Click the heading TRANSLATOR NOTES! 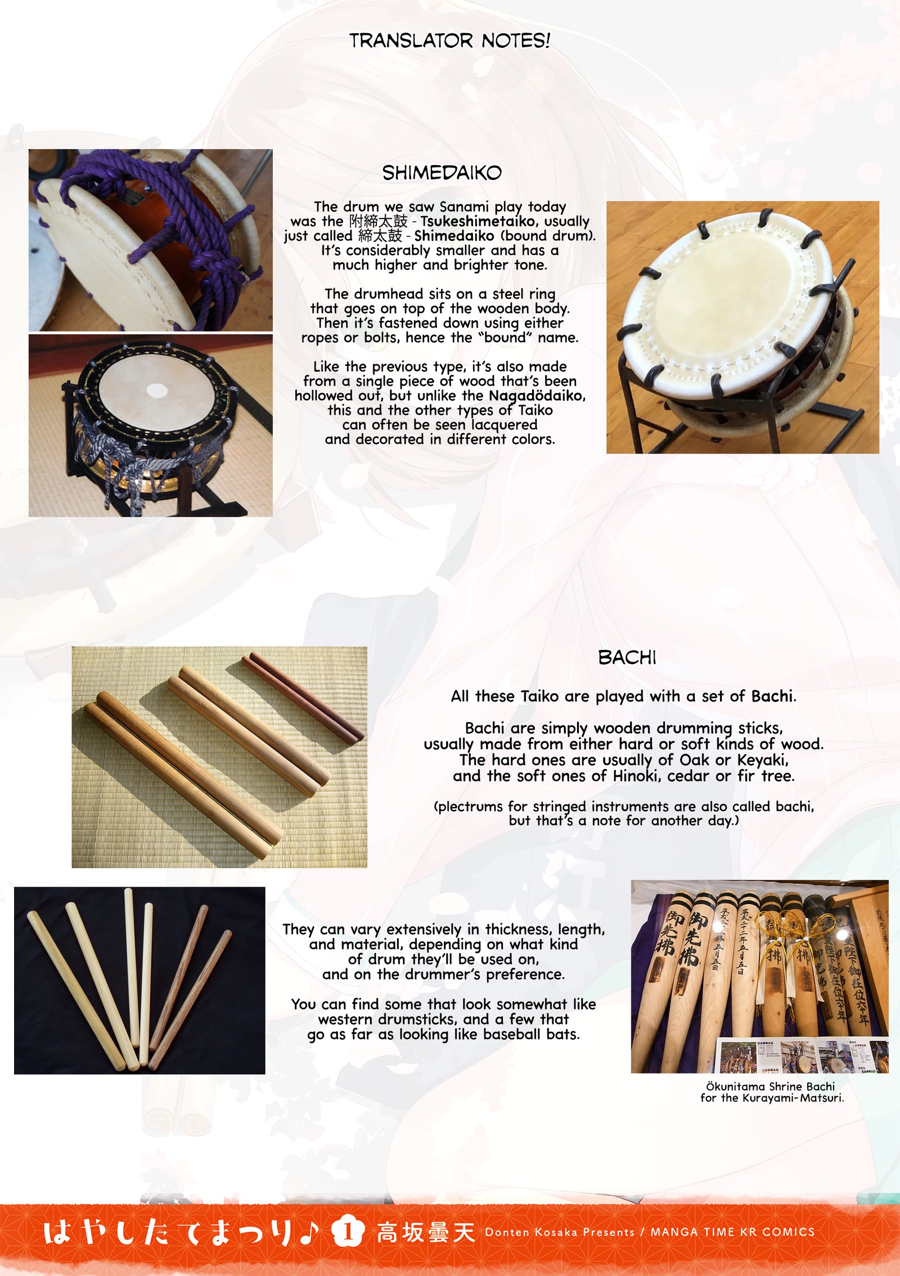click(x=449, y=41)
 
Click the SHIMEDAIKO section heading click(x=442, y=173)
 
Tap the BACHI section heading click(x=627, y=657)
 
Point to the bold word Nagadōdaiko click(x=536, y=396)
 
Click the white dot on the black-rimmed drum click(x=155, y=390)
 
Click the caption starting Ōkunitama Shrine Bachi click(x=772, y=1092)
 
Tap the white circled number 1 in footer click(x=348, y=1233)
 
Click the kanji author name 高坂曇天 click(x=426, y=1233)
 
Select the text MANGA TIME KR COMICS click(x=732, y=1232)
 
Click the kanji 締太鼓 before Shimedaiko click(x=380, y=236)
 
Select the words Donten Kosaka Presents click(x=560, y=1232)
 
